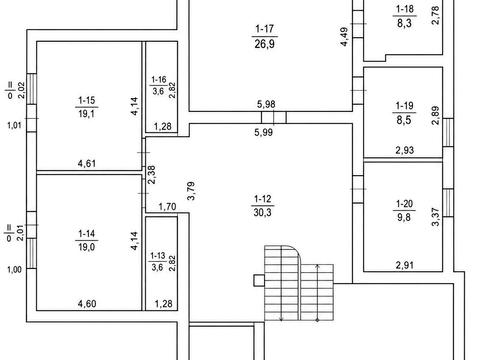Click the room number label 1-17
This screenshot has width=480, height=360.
pyautogui.click(x=264, y=29)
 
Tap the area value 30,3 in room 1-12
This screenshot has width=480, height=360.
pyautogui.click(x=263, y=212)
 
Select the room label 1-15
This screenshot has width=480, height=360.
pyautogui.click(x=87, y=100)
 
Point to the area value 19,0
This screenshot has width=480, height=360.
pyautogui.click(x=87, y=247)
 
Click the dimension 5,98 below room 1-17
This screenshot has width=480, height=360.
pyautogui.click(x=266, y=104)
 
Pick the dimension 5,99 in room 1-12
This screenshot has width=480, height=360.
pyautogui.click(x=264, y=132)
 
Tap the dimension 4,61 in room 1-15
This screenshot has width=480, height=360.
pyautogui.click(x=87, y=163)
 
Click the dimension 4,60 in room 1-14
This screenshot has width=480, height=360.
pyautogui.click(x=87, y=304)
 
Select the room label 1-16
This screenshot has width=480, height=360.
pyautogui.click(x=159, y=80)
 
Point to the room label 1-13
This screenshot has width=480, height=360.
pyautogui.click(x=158, y=256)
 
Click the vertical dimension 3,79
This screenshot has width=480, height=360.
pyautogui.click(x=191, y=191)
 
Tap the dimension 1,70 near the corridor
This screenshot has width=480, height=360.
pyautogui.click(x=167, y=207)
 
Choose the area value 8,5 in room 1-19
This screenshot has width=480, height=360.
pyautogui.click(x=404, y=120)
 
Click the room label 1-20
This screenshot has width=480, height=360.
pyautogui.click(x=404, y=203)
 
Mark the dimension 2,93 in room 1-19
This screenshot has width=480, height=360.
pyautogui.click(x=405, y=150)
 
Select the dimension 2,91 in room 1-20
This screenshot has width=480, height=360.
pyautogui.click(x=405, y=265)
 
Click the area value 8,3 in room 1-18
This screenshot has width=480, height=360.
pyautogui.click(x=404, y=23)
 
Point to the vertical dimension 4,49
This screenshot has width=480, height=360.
pyautogui.click(x=345, y=36)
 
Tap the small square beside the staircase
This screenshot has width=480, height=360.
pyautogui.click(x=259, y=281)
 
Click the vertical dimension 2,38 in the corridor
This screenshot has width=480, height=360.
pyautogui.click(x=152, y=175)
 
